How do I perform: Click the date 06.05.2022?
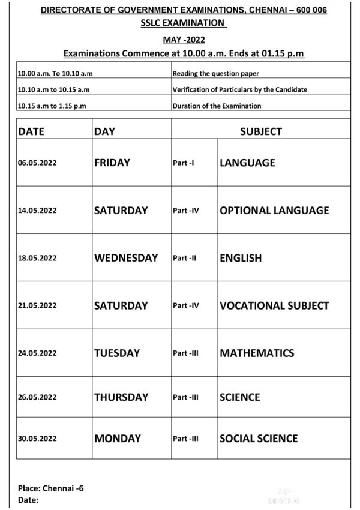click(37, 163)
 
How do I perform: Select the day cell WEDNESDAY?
click(126, 258)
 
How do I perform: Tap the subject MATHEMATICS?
click(257, 353)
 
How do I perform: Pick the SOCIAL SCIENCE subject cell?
click(259, 438)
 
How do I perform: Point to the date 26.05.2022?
click(37, 397)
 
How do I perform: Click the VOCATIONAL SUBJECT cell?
click(274, 305)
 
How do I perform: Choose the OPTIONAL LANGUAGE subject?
click(274, 211)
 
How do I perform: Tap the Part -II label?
click(185, 258)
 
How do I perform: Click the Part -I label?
click(184, 163)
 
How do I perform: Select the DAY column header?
click(104, 131)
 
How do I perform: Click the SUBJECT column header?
click(261, 131)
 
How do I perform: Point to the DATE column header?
click(31, 131)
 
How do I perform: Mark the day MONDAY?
click(117, 438)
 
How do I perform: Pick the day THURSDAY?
click(121, 397)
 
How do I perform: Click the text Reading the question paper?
click(215, 74)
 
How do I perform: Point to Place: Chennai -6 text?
click(51, 488)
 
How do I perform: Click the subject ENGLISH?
click(241, 258)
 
